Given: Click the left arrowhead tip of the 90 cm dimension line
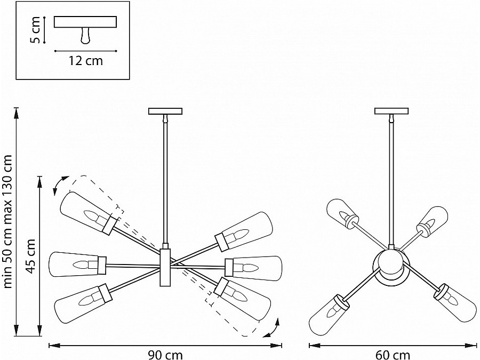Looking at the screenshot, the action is (x=49, y=346).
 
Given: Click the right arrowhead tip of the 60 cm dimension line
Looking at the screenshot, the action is (x=477, y=346).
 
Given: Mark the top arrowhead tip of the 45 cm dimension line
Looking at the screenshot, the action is (x=39, y=177).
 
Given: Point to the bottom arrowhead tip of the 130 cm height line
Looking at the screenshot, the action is (x=17, y=336).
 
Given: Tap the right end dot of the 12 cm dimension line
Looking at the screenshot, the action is (x=116, y=51).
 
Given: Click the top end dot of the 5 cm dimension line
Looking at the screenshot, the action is (x=45, y=17).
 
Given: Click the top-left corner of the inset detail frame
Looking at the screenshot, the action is (x=16, y=1).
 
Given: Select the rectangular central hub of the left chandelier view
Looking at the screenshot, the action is (x=165, y=267).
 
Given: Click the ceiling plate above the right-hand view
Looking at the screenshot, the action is (x=391, y=111).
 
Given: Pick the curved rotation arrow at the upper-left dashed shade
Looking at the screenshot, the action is (x=60, y=185).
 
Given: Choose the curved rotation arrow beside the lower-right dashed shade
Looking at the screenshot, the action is (x=272, y=328).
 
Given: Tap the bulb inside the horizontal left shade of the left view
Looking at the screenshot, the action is (x=82, y=264).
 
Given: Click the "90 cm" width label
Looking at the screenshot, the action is (x=165, y=355).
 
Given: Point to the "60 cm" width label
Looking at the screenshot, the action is (x=393, y=355).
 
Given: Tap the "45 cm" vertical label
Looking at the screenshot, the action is (x=30, y=256).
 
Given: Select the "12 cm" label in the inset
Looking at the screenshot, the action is (x=85, y=61).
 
